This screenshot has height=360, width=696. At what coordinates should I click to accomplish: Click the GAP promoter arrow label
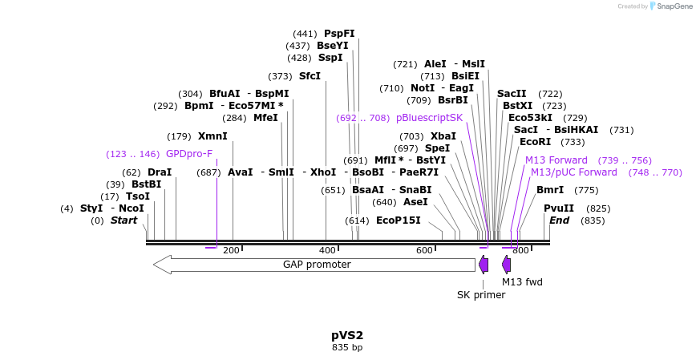click(x=317, y=265)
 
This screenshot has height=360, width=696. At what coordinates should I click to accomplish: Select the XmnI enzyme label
click(x=212, y=136)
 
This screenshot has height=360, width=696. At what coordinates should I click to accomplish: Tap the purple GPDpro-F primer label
click(x=189, y=154)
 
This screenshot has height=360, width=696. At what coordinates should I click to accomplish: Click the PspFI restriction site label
click(x=339, y=34)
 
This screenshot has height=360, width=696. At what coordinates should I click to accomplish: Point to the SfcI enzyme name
click(x=310, y=76)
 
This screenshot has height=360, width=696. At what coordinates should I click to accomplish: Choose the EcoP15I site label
click(x=398, y=220)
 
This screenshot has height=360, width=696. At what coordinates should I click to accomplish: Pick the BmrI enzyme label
click(x=550, y=190)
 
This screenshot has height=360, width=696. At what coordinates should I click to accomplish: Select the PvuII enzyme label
click(x=559, y=208)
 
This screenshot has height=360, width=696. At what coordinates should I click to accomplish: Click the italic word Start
click(x=123, y=220)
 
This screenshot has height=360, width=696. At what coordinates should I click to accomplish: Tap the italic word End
click(x=559, y=220)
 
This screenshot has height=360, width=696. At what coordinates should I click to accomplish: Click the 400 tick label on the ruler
click(x=328, y=251)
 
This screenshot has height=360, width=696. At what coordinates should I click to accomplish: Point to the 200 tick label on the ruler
click(x=231, y=251)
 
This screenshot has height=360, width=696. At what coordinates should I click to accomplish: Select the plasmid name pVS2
click(x=347, y=335)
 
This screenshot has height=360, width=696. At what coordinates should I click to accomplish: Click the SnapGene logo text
click(x=674, y=6)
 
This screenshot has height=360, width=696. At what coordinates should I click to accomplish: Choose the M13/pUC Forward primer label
click(x=574, y=172)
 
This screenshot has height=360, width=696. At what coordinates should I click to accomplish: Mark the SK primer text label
click(x=481, y=295)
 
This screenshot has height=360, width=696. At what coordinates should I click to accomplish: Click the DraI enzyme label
click(x=160, y=172)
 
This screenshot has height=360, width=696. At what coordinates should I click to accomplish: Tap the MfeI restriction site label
click(x=265, y=118)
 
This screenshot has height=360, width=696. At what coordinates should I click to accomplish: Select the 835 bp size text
click(x=347, y=348)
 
